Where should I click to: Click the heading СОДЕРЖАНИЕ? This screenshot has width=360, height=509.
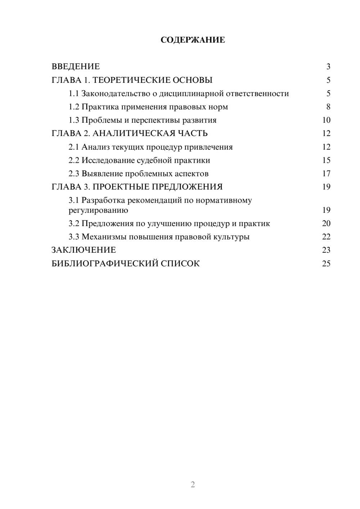(x=193, y=40)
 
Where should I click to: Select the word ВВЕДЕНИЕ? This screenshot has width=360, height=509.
(x=76, y=67)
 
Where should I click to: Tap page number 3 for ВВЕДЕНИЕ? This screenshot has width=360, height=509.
(x=328, y=67)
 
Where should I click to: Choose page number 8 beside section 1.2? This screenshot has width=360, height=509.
(x=328, y=107)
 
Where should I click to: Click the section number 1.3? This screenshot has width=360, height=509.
(x=74, y=120)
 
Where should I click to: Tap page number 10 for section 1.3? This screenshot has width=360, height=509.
(x=326, y=120)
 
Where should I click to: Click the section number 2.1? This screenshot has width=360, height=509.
(x=74, y=147)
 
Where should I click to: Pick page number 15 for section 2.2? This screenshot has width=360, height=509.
(x=326, y=160)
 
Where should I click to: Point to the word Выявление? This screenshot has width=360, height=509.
(x=102, y=174)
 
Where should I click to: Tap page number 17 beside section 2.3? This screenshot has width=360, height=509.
(x=326, y=174)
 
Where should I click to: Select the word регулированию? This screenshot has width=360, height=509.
(x=98, y=210)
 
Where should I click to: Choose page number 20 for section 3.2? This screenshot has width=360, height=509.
(x=326, y=224)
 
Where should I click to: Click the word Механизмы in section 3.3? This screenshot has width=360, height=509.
(x=102, y=237)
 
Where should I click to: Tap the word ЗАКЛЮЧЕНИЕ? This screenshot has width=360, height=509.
(x=84, y=250)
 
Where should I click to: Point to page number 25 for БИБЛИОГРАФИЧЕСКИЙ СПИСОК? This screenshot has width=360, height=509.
(x=326, y=263)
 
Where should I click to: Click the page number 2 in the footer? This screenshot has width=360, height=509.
(x=193, y=485)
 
